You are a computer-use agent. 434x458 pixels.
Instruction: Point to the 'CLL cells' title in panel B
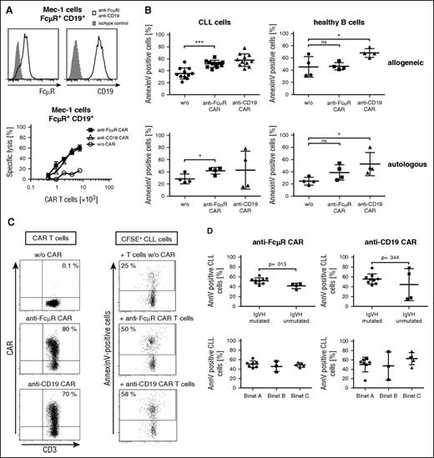[230, 13]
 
